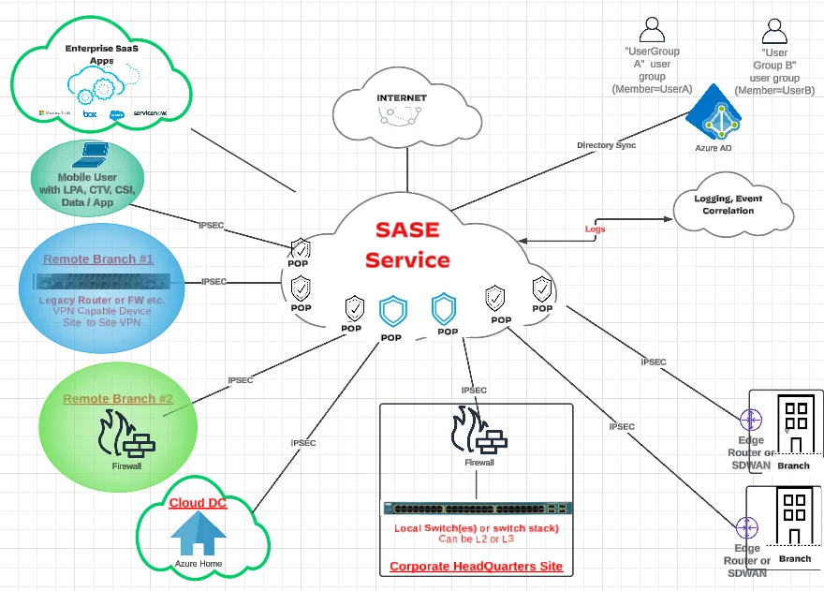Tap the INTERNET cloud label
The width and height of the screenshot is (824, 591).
[401, 97]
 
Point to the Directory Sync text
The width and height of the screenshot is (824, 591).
[608, 145]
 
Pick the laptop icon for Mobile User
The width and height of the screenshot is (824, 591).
[95, 155]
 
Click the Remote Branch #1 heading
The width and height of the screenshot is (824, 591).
[97, 258]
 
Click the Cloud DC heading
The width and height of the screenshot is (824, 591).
[198, 503]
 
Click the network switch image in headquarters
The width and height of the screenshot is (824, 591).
[478, 510]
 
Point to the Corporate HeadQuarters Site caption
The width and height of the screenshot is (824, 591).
[476, 566]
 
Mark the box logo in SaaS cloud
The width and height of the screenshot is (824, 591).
[90, 113]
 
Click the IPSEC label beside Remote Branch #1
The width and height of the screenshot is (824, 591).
[214, 281]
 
